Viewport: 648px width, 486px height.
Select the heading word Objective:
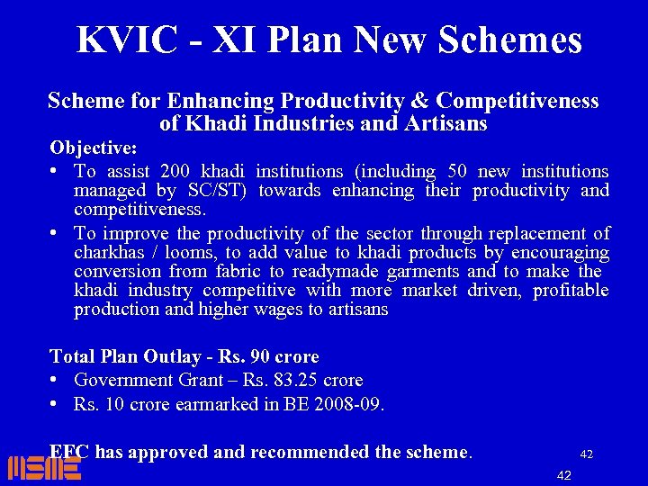(94, 146)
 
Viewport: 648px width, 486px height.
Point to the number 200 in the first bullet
(173, 171)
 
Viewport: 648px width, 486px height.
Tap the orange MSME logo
(44, 468)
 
